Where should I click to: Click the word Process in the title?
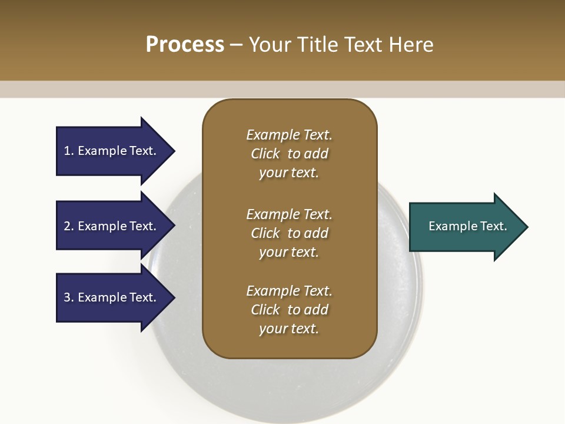pos(185,45)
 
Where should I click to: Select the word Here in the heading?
pos(409,45)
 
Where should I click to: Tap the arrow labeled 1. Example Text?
pos(112,151)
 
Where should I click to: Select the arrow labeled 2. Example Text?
pos(112,226)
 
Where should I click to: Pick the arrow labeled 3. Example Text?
pos(112,297)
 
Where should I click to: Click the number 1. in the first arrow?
pos(69,151)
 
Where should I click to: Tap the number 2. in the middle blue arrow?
pos(69,226)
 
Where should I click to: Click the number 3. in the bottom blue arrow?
pos(69,297)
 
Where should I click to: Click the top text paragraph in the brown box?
pos(289,154)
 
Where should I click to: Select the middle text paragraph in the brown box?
pos(289,233)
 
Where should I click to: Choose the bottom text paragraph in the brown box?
pos(289,310)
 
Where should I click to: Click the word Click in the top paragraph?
pos(265,154)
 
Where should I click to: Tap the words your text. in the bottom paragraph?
pos(289,329)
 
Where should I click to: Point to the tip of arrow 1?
pos(174,151)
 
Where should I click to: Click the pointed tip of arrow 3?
pos(174,297)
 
